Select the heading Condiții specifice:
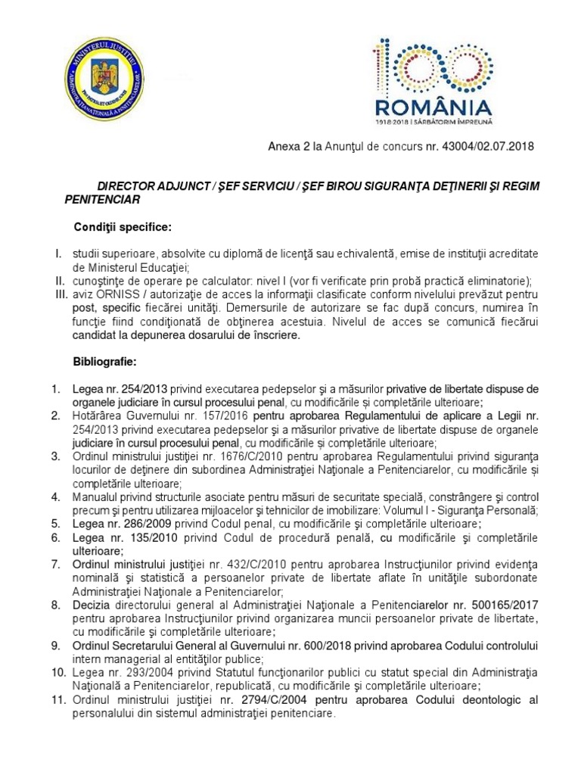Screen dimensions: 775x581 [x=123, y=227]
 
